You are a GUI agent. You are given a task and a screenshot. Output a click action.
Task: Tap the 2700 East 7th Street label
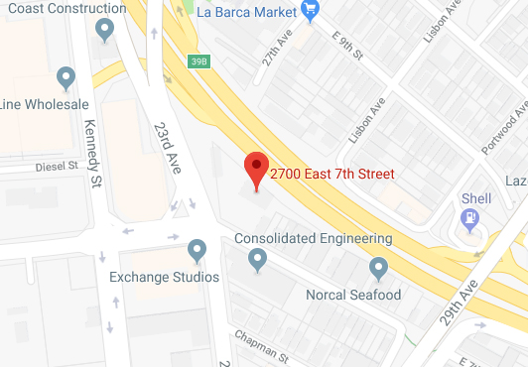332,174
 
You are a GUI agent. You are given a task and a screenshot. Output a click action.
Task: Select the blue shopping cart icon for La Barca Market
310,13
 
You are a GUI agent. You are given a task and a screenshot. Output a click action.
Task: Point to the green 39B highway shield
198,61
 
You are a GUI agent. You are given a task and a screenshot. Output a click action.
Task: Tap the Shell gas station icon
471,217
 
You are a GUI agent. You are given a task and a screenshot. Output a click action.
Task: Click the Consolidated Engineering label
313,239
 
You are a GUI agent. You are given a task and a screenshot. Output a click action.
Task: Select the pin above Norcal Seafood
378,268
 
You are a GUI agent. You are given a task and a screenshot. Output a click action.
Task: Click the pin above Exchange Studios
197,250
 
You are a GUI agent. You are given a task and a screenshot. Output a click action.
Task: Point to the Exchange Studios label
164,277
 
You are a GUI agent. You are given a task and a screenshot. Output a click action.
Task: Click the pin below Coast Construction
103,32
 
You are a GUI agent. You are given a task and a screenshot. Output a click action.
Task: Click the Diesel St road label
57,167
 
